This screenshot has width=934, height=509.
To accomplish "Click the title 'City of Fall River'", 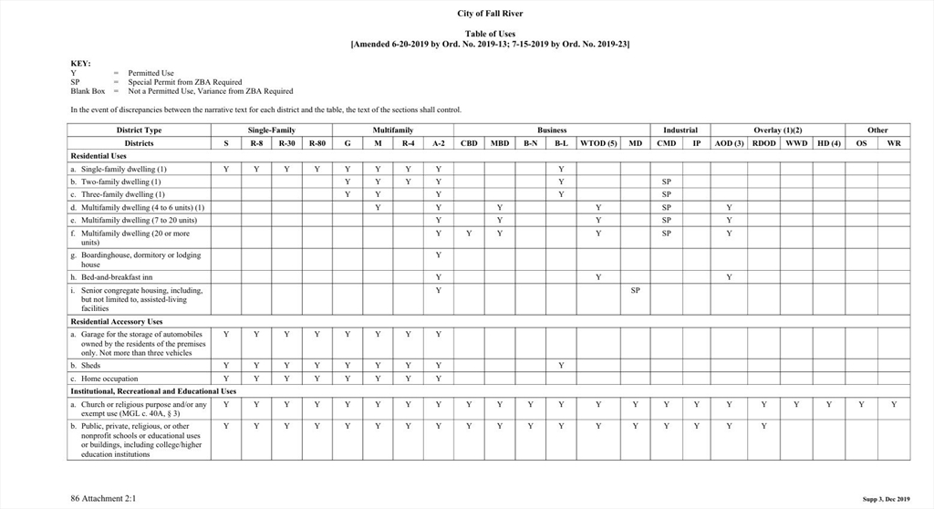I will click(x=490, y=14).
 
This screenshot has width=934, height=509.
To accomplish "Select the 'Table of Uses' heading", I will click(x=490, y=34).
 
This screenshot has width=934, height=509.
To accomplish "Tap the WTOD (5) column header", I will click(x=598, y=143).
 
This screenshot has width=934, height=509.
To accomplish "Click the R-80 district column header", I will click(x=317, y=143).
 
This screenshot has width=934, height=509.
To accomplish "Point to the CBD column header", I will click(x=469, y=143).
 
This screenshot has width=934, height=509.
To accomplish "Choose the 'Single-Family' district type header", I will click(x=271, y=130).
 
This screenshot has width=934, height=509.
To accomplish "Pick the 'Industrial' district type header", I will click(x=680, y=130).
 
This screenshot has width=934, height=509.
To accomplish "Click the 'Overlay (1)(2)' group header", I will click(x=777, y=130).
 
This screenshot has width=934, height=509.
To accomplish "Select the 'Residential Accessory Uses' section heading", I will click(x=117, y=322).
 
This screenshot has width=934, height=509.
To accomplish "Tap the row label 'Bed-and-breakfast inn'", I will click(x=117, y=277).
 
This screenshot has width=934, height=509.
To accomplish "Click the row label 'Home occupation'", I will click(x=109, y=379).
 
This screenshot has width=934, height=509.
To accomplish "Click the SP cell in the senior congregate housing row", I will click(x=635, y=290).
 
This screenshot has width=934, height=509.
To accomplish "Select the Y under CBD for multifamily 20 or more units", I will click(x=469, y=234).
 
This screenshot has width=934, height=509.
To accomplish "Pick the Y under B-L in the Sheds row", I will click(x=561, y=366).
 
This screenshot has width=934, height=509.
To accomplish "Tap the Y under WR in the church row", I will click(x=894, y=404).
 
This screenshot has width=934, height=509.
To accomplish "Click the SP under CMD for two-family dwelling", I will click(x=666, y=182).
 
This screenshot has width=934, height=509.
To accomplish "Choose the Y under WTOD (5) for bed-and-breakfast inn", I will click(x=598, y=277).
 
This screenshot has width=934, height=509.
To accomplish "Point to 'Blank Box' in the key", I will click(x=88, y=91).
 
